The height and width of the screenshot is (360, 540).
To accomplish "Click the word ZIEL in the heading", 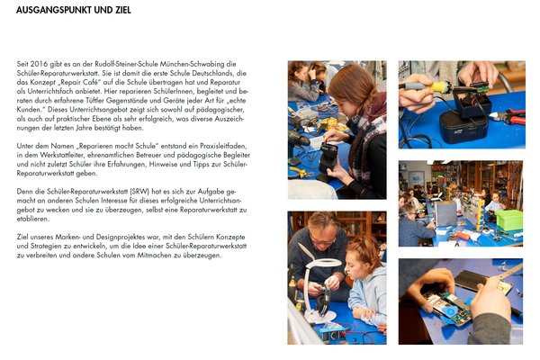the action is (123, 10).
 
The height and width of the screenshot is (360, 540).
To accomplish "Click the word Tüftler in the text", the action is (94, 101).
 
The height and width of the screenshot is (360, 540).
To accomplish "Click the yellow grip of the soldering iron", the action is (440, 86).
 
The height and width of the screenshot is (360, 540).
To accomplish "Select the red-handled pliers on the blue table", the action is (509, 116).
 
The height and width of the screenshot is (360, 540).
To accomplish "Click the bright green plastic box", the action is (508, 220).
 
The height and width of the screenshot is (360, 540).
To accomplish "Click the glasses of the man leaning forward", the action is (323, 241).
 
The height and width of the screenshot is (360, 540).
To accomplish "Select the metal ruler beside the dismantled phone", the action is (508, 274).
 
